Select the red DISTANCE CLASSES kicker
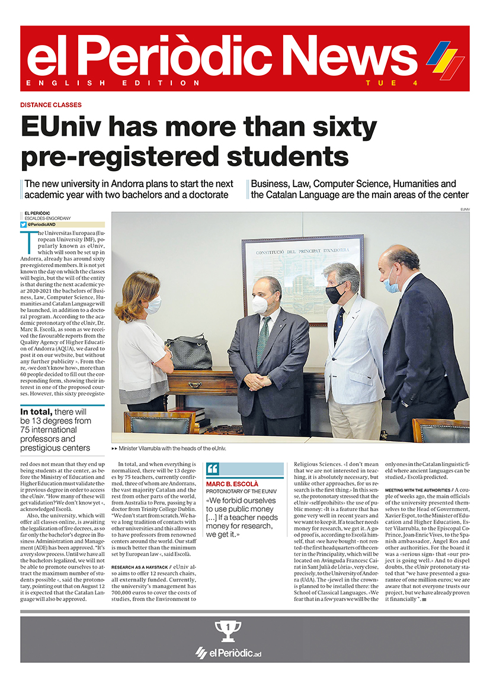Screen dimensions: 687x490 pyautogui.click(x=51, y=105)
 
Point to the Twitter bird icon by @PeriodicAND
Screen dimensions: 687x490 pyautogui.click(x=23, y=224)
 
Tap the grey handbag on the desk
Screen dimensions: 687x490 pyautogui.click(x=188, y=352)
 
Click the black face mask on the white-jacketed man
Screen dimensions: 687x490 pyautogui.click(x=335, y=294)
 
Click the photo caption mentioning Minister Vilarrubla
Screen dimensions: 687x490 pyautogui.click(x=168, y=448)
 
